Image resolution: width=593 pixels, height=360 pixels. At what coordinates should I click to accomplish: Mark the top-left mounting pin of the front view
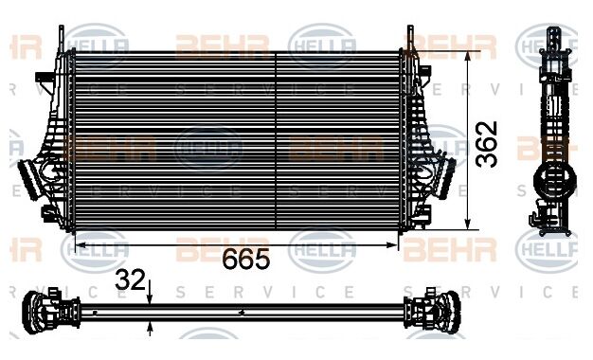click(x=66, y=36)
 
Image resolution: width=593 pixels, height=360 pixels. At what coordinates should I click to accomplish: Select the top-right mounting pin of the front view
click(x=409, y=36)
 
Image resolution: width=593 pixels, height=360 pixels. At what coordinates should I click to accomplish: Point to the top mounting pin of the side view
click(x=551, y=36)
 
